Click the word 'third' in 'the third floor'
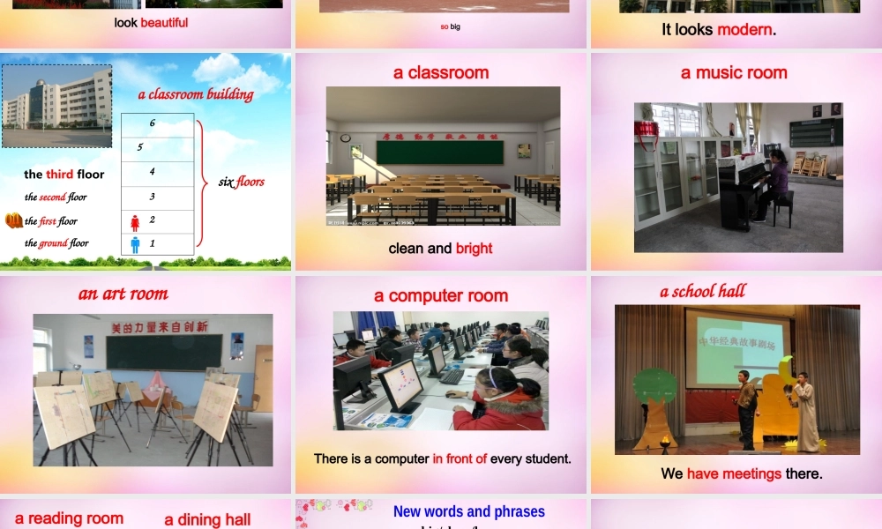60,175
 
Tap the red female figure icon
135,222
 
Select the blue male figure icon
135,244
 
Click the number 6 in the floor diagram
153,123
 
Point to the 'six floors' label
241,183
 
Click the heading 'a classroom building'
196,94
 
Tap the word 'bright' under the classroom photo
475,249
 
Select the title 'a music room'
734,73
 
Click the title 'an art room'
123,294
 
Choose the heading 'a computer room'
441,296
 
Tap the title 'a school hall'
703,292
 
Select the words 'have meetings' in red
734,474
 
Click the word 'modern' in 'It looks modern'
744,30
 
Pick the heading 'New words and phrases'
468,511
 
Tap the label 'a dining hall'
207,520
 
